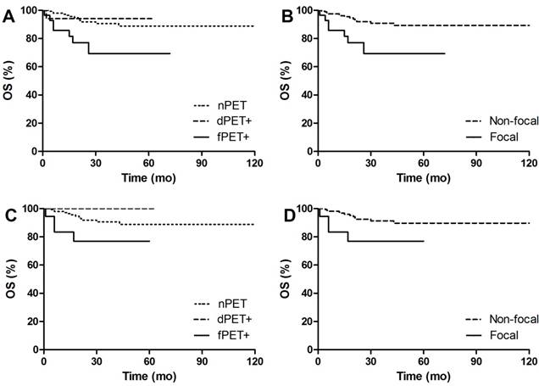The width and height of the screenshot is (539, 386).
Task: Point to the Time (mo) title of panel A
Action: [x=149, y=178]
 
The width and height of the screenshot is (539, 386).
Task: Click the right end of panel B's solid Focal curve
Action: [x=444, y=53]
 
